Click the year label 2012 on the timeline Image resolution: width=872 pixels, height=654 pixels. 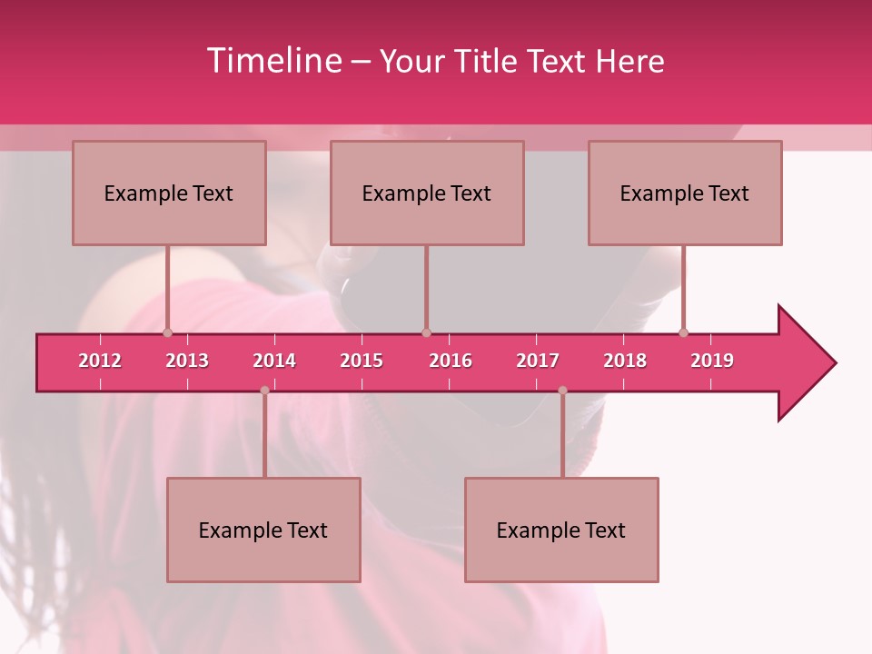click(x=100, y=361)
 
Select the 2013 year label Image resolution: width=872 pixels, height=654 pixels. click(x=187, y=361)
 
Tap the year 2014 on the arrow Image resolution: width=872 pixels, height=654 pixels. click(x=274, y=361)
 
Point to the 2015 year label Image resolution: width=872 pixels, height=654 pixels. click(x=362, y=361)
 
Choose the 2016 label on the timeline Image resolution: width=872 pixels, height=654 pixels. click(x=451, y=361)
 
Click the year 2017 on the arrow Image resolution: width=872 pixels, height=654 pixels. click(x=538, y=361)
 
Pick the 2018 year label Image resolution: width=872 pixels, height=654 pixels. click(x=625, y=361)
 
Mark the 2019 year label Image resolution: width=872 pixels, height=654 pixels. click(x=712, y=361)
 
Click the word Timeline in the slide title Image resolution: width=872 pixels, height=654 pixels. click(x=272, y=61)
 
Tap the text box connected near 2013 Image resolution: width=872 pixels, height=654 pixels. click(x=169, y=193)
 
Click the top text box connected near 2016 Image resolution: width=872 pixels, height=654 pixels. click(x=427, y=193)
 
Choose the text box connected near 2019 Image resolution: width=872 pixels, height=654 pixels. click(x=685, y=193)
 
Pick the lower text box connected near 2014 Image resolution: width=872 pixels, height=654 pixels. click(x=263, y=530)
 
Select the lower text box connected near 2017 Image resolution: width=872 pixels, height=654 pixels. click(x=561, y=530)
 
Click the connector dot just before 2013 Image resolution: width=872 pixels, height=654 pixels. click(x=167, y=332)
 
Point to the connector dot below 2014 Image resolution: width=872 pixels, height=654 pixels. click(x=264, y=391)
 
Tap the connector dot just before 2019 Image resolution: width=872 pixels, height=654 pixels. click(x=684, y=332)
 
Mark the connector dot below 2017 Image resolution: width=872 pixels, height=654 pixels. click(x=562, y=391)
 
